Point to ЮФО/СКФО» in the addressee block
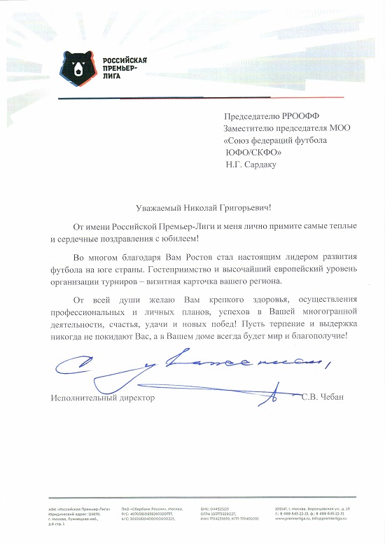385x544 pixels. [x=253, y=153]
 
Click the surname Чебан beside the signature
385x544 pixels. [x=332, y=398]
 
